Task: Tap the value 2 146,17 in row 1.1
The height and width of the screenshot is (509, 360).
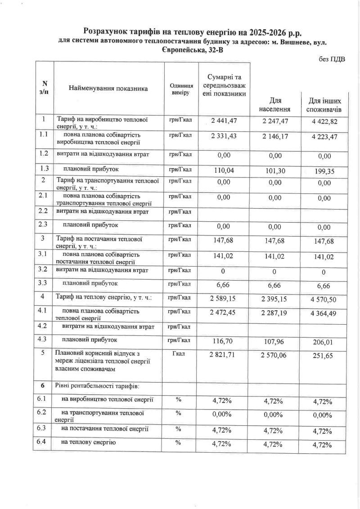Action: pyautogui.click(x=276, y=137)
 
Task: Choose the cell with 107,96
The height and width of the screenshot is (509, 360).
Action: pyautogui.click(x=276, y=342)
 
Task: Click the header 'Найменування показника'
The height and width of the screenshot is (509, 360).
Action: pyautogui.click(x=108, y=89)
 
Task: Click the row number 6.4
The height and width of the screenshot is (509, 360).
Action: pyautogui.click(x=43, y=442)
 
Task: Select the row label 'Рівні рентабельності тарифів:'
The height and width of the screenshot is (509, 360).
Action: pyautogui.click(x=90, y=386)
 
